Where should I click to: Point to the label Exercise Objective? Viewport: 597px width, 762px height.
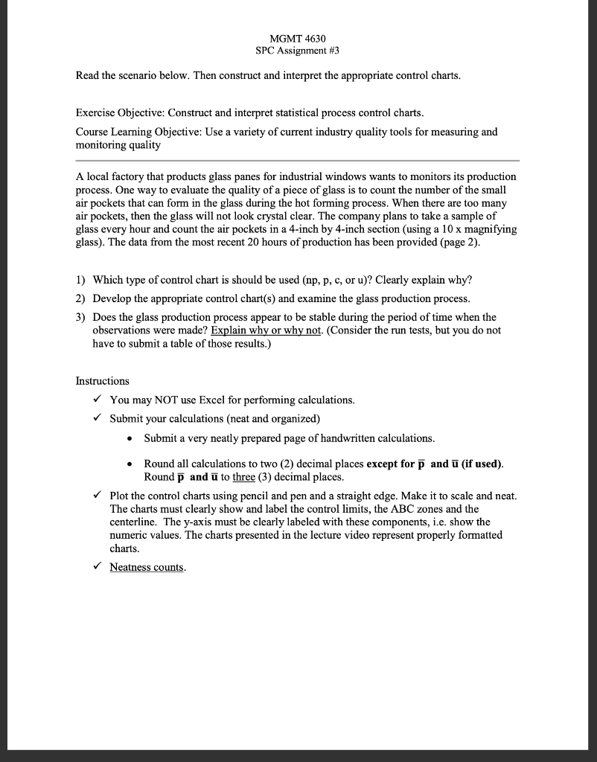click(121, 113)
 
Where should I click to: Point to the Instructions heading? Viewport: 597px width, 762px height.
click(103, 381)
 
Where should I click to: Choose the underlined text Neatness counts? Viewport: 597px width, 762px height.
click(148, 567)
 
